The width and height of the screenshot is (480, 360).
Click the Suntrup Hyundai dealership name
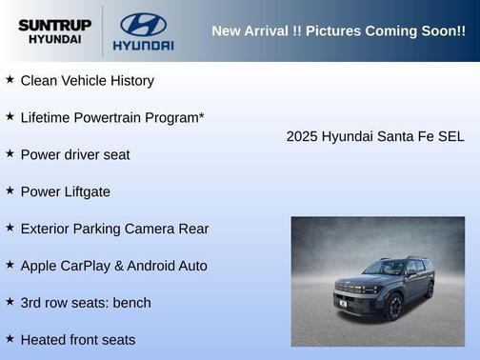pyautogui.click(x=54, y=31)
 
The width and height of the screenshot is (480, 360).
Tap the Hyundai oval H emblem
pyautogui.click(x=143, y=24)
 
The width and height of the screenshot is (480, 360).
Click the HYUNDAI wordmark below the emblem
pyautogui.click(x=143, y=45)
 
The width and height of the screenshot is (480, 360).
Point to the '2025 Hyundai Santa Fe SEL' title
pyautogui.click(x=375, y=136)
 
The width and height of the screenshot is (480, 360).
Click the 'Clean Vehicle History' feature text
pyautogui.click(x=87, y=81)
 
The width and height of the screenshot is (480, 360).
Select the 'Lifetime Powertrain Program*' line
pyautogui.click(x=112, y=117)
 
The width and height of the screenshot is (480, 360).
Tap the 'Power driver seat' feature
pyautogui.click(x=75, y=154)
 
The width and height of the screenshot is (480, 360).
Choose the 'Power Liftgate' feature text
pyautogui.click(x=65, y=191)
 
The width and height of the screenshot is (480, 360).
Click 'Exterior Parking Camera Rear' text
pyautogui.click(x=114, y=229)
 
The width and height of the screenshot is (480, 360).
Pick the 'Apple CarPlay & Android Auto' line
pyautogui.click(x=113, y=266)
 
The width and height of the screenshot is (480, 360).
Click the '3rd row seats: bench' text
pyautogui.click(x=86, y=303)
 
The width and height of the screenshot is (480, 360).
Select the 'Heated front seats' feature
pyautogui.click(x=78, y=340)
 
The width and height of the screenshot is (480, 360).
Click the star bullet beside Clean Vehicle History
pyautogui.click(x=10, y=80)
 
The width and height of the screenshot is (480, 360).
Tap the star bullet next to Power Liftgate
pyautogui.click(x=10, y=190)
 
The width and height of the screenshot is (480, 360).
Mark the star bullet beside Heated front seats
pyautogui.click(x=10, y=339)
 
